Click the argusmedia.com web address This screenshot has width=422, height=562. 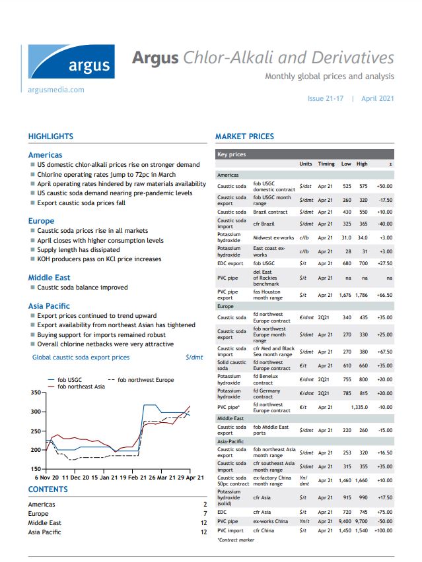point(56,89)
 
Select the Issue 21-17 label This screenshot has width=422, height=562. point(326,98)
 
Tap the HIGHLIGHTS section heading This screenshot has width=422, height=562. point(51,137)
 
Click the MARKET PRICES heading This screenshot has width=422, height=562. point(244,137)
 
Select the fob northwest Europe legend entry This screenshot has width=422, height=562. point(146,380)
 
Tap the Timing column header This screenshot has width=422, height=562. point(326,164)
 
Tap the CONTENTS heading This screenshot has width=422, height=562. point(48,489)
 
